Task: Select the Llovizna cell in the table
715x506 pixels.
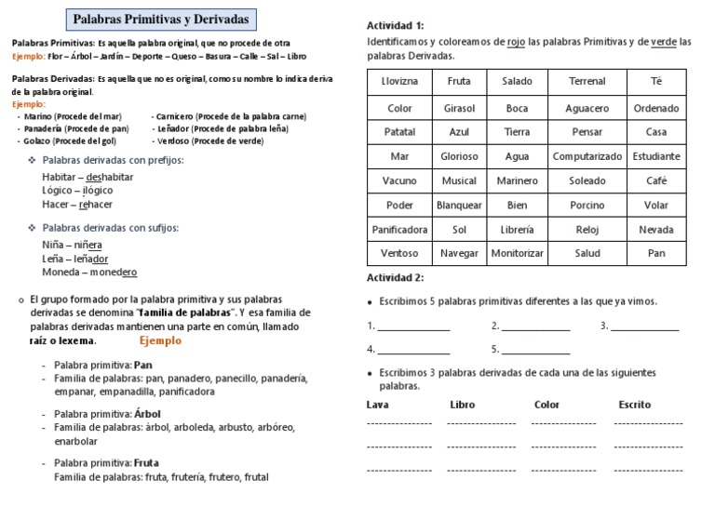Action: [399, 82]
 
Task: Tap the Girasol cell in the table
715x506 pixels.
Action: [459, 109]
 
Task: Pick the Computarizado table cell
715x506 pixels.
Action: [587, 156]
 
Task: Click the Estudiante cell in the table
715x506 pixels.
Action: [655, 156]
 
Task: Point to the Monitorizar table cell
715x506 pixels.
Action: [517, 253]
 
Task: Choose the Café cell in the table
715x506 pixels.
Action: [655, 180]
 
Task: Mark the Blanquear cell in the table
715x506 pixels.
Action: [459, 205]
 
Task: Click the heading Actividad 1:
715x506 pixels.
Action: [396, 25]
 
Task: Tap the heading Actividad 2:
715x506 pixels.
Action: [396, 277]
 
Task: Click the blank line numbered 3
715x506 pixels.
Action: [644, 326]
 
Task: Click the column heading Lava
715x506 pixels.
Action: [378, 405]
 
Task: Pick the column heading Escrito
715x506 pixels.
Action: [634, 405]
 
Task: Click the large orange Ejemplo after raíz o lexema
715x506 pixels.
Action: [160, 340]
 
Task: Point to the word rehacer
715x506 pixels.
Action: [96, 205]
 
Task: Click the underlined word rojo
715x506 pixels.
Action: [516, 42]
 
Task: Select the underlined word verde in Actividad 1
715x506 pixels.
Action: [664, 42]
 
